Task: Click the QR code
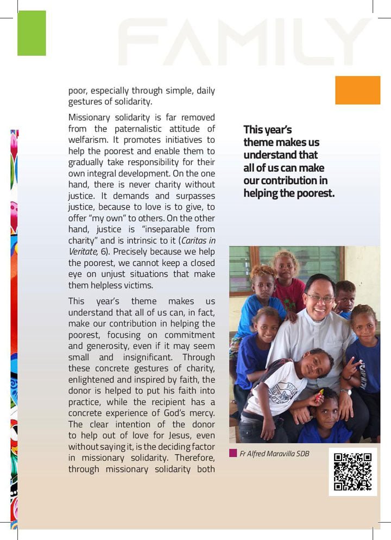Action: [x=352, y=472]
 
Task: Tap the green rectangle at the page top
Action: [x=31, y=33]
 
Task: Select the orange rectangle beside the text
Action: [x=357, y=90]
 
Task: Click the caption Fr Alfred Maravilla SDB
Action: [x=274, y=453]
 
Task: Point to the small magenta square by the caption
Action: [x=233, y=453]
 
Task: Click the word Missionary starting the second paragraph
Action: [x=90, y=117]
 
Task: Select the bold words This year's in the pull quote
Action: [x=268, y=130]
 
